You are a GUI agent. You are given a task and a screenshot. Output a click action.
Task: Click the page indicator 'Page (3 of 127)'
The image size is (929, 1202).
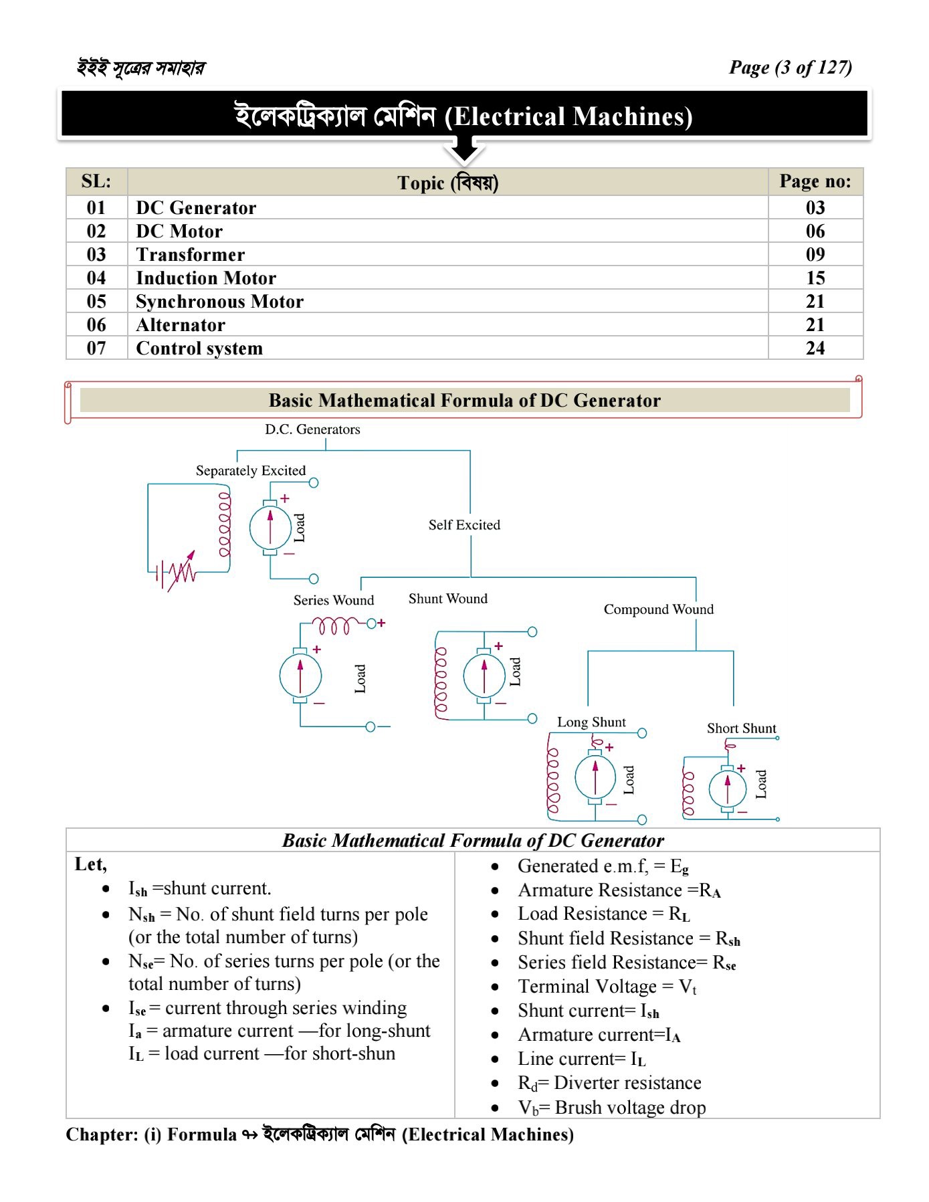tap(790, 68)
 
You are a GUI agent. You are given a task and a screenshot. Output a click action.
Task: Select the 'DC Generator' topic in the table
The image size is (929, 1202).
tap(196, 208)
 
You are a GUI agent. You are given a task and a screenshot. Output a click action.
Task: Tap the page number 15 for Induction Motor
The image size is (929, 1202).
tap(815, 278)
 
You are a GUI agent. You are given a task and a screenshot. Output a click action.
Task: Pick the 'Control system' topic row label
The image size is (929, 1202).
tap(199, 348)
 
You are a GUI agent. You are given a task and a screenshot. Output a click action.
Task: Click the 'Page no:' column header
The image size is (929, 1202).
tap(815, 181)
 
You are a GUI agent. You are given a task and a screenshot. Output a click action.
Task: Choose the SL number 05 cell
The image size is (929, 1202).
tap(96, 302)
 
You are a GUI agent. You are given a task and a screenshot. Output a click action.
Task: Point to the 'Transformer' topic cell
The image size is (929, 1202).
tap(190, 255)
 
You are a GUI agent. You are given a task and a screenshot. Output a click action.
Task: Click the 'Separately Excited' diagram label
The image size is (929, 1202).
tap(250, 471)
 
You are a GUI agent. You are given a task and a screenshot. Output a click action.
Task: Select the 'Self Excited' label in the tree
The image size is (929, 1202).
tap(464, 525)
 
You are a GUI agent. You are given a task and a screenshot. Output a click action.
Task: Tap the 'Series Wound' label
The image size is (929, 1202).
tap(333, 601)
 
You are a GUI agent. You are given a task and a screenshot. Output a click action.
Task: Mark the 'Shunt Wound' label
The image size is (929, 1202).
tap(447, 599)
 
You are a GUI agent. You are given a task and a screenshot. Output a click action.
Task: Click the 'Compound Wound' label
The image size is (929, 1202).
tap(658, 609)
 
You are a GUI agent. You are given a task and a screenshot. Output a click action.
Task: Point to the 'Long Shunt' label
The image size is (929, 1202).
tap(591, 722)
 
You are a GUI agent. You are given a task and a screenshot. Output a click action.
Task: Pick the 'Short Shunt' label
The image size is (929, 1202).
tap(741, 728)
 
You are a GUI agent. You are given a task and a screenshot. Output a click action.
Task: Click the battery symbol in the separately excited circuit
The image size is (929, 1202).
tap(161, 573)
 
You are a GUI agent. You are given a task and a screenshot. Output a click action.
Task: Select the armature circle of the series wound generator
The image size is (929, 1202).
tap(300, 676)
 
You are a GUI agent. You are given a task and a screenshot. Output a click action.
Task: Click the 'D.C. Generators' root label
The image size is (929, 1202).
tap(312, 429)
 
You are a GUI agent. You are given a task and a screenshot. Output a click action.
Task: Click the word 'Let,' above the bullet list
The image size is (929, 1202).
tap(90, 864)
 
